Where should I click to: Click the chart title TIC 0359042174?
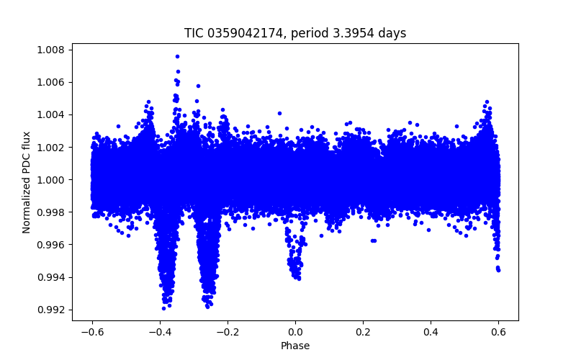(295, 33)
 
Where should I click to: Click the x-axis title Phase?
(295, 346)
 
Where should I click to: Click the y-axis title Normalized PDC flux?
(27, 182)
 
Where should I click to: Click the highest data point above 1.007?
(177, 56)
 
